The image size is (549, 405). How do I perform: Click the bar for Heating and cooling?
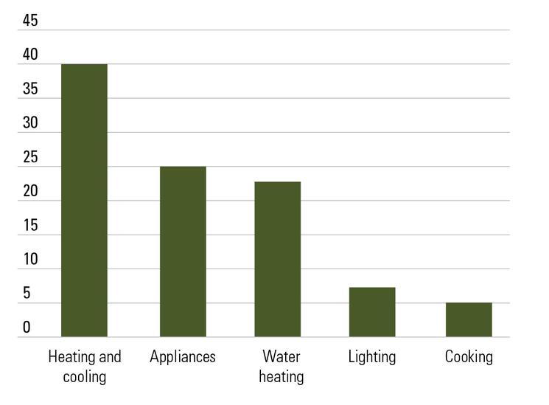[84, 201]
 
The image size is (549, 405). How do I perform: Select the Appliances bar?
[183, 252]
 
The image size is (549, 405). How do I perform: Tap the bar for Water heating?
[278, 259]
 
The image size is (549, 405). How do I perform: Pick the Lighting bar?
[372, 312]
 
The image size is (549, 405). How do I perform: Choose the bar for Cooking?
[469, 319]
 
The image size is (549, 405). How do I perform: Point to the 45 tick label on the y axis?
[30, 21]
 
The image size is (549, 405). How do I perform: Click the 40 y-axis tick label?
[30, 55]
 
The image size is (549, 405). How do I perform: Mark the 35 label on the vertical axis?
[30, 89]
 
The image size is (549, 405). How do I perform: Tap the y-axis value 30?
[30, 123]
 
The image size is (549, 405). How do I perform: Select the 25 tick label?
[30, 157]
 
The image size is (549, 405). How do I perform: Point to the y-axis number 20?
[30, 191]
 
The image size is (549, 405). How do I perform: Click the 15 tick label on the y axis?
[30, 226]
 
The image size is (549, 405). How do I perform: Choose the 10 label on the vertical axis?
[30, 260]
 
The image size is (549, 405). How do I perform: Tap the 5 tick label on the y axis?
[27, 294]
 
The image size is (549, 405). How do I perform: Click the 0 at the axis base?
[27, 328]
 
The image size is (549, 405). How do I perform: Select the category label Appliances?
[183, 357]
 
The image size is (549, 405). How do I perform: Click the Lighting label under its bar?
[372, 357]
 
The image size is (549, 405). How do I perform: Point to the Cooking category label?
[469, 357]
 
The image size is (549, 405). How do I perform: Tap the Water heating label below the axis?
[282, 367]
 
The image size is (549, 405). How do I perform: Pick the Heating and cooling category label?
[85, 367]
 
